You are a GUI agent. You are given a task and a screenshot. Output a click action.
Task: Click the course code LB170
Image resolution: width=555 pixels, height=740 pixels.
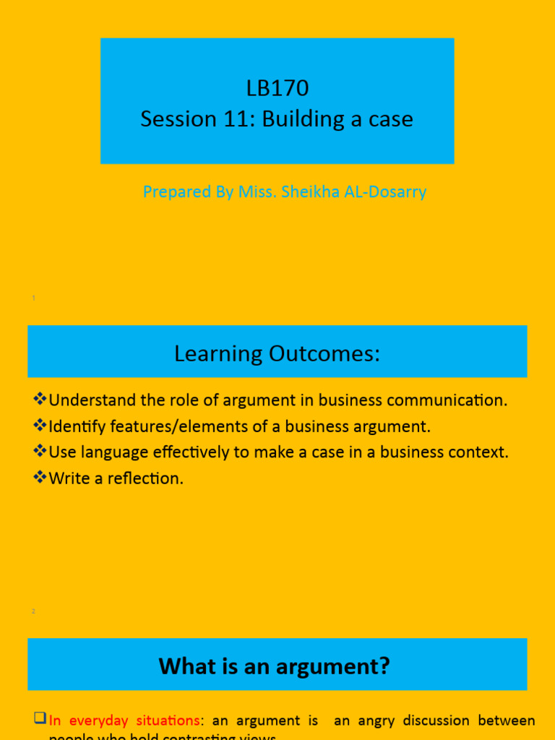277,88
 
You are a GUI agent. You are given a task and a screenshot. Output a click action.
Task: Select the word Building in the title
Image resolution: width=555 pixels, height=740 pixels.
297,119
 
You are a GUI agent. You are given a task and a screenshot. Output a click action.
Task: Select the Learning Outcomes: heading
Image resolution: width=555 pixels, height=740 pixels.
277,354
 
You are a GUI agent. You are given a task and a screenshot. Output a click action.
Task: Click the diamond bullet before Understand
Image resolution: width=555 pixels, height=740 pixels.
40,400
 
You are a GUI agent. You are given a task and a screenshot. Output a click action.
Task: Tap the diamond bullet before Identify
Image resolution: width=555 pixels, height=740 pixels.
40,426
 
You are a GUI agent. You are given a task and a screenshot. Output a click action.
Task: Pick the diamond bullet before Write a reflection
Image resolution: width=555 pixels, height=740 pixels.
40,478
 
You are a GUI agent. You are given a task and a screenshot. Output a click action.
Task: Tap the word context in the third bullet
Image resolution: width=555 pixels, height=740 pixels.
480,452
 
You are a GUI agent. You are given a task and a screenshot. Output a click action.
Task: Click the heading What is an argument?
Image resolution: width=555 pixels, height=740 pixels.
275,666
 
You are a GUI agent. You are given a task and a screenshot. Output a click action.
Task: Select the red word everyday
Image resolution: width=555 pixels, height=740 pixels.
97,720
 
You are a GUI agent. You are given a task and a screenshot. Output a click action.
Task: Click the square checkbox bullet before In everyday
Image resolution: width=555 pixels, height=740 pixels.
40,719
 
